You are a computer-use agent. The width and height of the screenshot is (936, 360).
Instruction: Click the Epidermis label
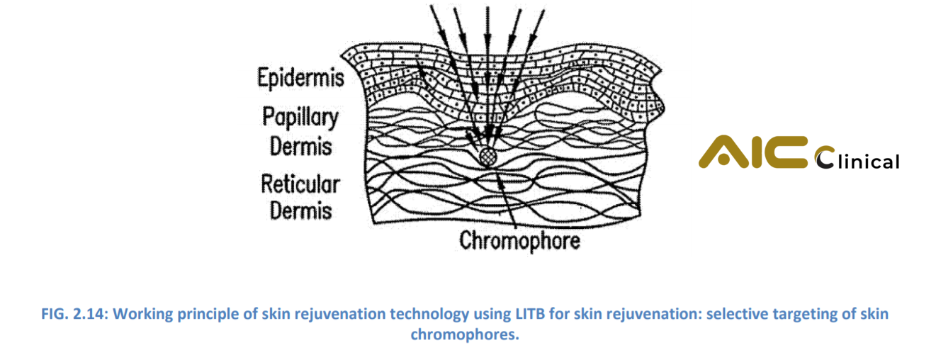(301, 78)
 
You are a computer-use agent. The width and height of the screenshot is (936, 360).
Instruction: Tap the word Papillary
(300, 117)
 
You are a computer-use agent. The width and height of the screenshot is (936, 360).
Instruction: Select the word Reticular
(301, 184)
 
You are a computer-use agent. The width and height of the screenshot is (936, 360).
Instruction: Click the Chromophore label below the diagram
(520, 241)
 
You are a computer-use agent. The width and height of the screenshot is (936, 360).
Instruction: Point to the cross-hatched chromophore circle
(487, 157)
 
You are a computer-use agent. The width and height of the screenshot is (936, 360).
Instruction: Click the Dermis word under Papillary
(301, 147)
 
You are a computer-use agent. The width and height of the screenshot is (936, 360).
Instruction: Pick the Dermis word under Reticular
(301, 210)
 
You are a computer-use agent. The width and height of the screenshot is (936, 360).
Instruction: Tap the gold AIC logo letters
(753, 152)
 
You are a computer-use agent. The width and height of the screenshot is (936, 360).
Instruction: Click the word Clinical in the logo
(857, 159)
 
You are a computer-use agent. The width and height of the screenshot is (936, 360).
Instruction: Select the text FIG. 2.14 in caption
(74, 314)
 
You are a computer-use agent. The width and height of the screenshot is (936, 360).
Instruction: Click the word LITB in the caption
(530, 314)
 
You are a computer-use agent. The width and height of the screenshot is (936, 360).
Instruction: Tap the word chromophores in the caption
(465, 334)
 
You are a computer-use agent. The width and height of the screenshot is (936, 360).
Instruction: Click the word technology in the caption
(429, 314)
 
